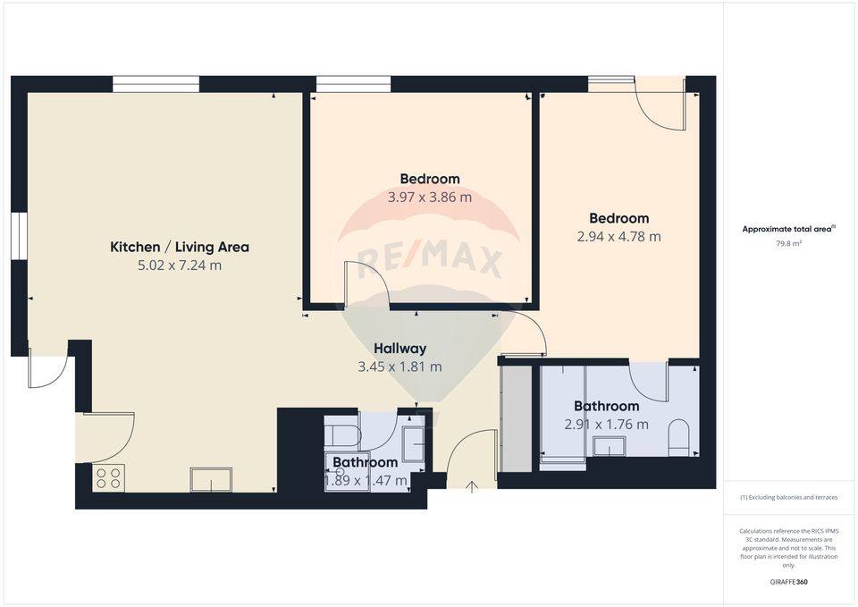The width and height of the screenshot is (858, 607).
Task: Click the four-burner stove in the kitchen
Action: pos(108,478)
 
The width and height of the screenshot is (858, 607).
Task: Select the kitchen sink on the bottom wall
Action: pos(210,480)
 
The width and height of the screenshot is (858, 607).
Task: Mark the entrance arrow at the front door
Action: pos(472,486)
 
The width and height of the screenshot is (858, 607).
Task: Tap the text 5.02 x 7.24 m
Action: pos(179,266)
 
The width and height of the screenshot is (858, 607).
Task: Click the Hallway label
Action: pos(400,349)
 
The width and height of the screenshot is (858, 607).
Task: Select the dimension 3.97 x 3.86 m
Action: pos(430,198)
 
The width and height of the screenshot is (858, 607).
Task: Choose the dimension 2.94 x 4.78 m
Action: pos(618,237)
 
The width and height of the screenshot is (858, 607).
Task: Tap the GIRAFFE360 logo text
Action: pos(789,581)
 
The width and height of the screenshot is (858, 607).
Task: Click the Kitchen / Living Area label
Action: pos(179,247)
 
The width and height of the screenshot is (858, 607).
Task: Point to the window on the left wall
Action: pos(19,236)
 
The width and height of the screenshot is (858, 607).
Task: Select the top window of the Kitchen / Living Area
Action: pos(156,84)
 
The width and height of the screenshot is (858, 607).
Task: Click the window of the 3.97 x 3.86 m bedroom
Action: pos(353,84)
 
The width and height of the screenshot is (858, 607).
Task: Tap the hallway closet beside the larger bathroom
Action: pos(515,417)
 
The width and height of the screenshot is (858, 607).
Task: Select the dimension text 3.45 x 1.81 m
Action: pos(400,367)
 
